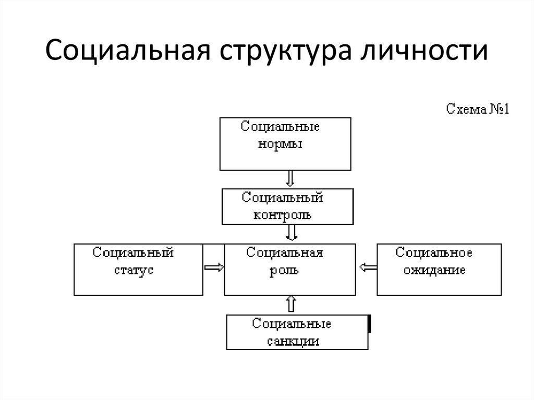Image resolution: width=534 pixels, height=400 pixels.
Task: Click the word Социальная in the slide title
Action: click(x=128, y=51)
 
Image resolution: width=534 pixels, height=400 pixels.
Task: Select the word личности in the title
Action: click(x=424, y=51)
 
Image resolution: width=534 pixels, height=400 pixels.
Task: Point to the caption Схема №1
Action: click(x=478, y=109)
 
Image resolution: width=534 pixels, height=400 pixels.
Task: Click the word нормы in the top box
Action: click(x=280, y=144)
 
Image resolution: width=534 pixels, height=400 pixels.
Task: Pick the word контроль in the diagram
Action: click(x=282, y=215)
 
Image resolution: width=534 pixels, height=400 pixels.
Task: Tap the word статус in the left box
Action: click(x=134, y=270)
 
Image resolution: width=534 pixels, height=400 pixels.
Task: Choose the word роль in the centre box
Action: click(x=284, y=271)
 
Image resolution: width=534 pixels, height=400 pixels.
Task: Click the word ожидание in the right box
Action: click(x=434, y=271)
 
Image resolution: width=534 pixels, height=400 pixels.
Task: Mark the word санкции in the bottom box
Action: click(x=293, y=342)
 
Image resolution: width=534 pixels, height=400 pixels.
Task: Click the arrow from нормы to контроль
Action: click(x=290, y=178)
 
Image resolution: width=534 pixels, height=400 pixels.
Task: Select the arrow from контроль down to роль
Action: click(x=292, y=233)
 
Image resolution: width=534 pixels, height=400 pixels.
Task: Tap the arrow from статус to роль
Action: click(x=214, y=268)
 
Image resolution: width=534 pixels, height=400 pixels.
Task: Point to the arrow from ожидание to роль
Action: click(x=368, y=268)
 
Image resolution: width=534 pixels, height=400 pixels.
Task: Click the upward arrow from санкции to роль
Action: click(x=291, y=304)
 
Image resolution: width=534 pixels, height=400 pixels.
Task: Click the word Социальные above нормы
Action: click(x=280, y=127)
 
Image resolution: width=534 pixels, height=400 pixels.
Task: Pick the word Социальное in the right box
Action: click(x=434, y=253)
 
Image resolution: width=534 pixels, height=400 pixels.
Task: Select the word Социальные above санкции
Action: click(x=292, y=324)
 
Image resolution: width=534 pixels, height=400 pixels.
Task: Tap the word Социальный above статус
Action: click(x=133, y=253)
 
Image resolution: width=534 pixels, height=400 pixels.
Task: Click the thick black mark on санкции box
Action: click(x=370, y=324)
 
